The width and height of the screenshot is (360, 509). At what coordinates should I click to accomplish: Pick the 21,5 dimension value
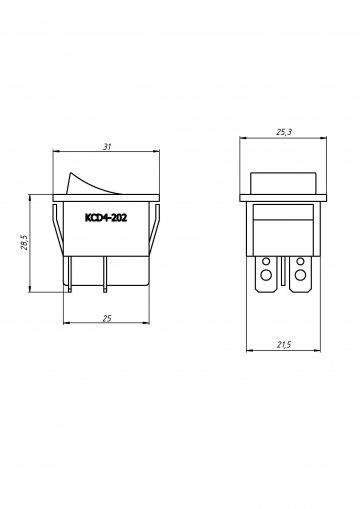[284, 345]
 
